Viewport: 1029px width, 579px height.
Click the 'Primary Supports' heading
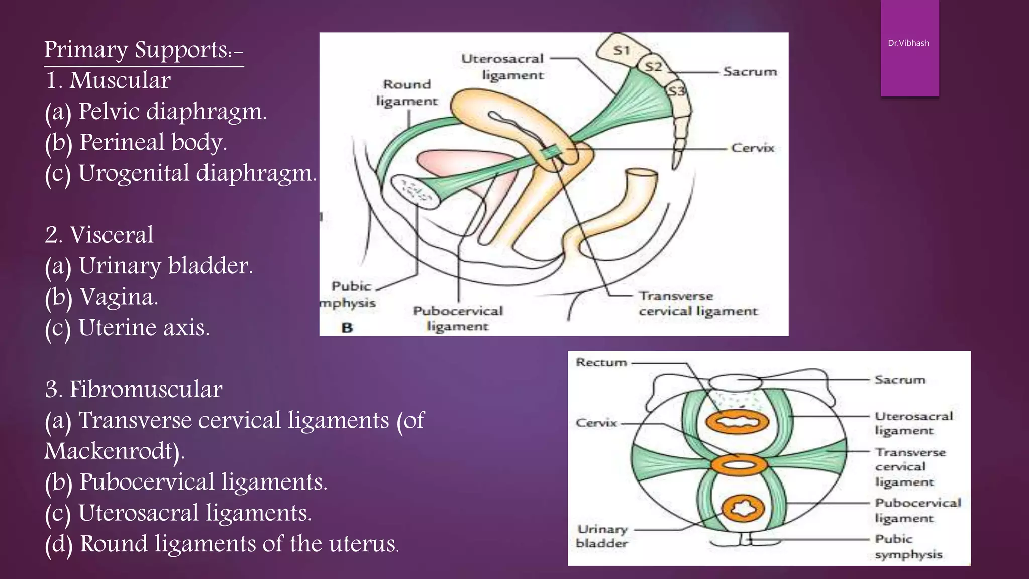pyautogui.click(x=144, y=50)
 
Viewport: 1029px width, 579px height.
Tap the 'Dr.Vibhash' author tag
pyautogui.click(x=908, y=43)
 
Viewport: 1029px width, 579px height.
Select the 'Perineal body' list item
pyautogui.click(x=136, y=143)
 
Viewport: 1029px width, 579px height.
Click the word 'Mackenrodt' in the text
pyautogui.click(x=112, y=451)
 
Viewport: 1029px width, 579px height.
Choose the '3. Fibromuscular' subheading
pyautogui.click(x=133, y=390)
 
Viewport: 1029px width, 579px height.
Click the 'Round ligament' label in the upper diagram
pyautogui.click(x=407, y=92)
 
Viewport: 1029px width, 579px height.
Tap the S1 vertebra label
pyautogui.click(x=622, y=50)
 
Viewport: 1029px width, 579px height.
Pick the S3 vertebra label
pyautogui.click(x=676, y=91)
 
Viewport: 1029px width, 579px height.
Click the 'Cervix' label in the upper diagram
pyautogui.click(x=752, y=148)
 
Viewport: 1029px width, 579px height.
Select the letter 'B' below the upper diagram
pyautogui.click(x=347, y=328)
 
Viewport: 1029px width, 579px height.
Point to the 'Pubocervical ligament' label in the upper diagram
pyautogui.click(x=458, y=318)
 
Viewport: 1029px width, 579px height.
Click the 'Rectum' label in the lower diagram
pyautogui.click(x=601, y=362)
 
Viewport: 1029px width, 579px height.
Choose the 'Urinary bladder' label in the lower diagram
pyautogui.click(x=602, y=536)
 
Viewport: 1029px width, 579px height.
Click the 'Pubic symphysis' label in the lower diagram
pyautogui.click(x=908, y=547)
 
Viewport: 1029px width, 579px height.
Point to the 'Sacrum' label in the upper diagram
pyautogui.click(x=750, y=72)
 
